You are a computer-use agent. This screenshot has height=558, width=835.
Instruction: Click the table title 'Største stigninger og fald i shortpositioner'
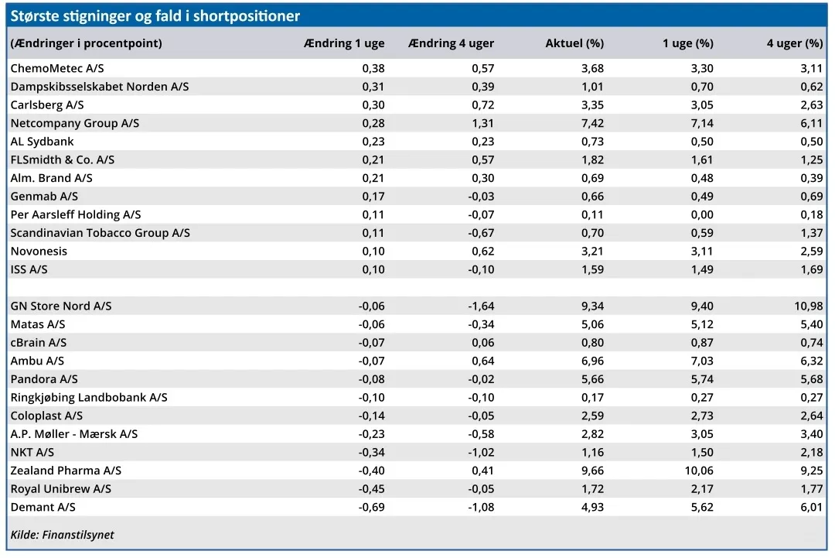(x=155, y=16)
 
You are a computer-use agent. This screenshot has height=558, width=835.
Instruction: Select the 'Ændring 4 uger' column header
(x=451, y=43)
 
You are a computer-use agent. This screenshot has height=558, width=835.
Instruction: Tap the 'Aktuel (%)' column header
(x=574, y=43)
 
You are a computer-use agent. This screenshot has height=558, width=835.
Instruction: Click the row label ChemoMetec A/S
(x=57, y=68)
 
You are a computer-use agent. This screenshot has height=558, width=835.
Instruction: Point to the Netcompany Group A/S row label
(x=74, y=123)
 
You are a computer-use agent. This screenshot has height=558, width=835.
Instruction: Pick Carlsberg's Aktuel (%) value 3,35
(x=593, y=105)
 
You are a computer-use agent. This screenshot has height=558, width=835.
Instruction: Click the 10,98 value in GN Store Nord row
(x=809, y=306)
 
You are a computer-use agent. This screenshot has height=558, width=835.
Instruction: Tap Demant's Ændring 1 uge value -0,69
(x=371, y=507)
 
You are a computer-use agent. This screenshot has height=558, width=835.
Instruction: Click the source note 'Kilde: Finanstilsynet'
(x=63, y=535)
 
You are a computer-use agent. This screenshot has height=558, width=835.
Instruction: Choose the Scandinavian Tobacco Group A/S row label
(x=100, y=233)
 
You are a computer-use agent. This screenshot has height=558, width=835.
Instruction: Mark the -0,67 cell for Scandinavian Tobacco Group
(x=481, y=233)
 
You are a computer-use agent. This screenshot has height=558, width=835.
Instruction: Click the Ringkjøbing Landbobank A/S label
(x=89, y=398)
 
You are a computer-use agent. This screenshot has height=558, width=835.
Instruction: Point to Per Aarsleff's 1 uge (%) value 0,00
(x=702, y=215)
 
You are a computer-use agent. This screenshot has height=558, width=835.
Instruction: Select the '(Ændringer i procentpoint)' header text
(x=87, y=43)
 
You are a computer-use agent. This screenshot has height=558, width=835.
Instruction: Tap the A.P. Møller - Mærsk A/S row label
(x=74, y=434)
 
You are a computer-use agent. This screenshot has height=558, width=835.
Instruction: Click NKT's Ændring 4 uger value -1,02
(x=481, y=453)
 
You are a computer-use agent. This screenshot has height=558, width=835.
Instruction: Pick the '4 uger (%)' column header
(x=795, y=43)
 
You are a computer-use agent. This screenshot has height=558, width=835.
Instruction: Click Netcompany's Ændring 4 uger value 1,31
(x=483, y=123)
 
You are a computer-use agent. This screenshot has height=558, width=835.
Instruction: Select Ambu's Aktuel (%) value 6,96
(x=593, y=361)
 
